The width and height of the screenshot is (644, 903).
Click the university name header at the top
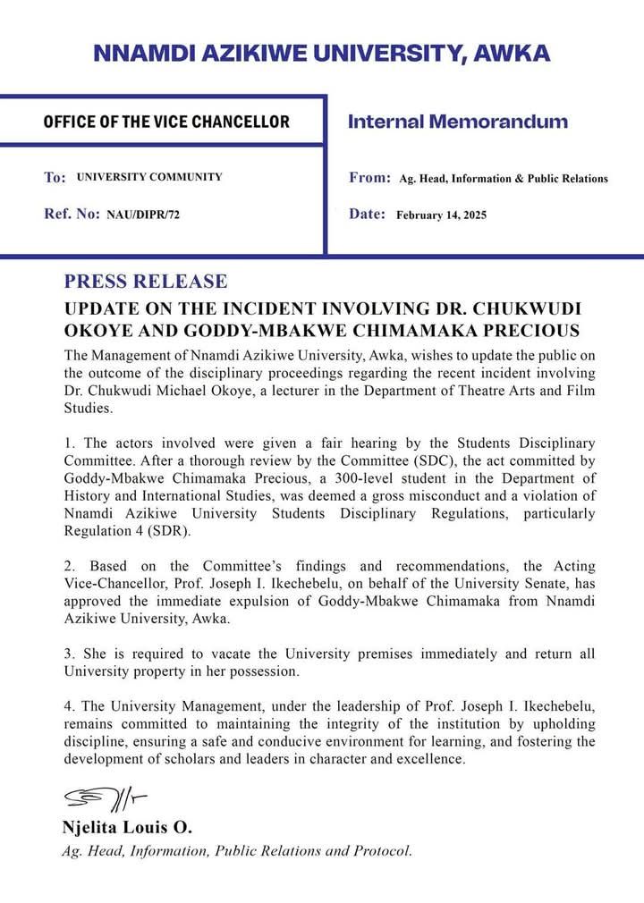coord(321,53)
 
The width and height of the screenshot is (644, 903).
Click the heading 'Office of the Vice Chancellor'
coord(166,122)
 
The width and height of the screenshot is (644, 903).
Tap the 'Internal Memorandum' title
coord(457,122)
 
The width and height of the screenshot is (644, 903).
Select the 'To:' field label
coord(55,178)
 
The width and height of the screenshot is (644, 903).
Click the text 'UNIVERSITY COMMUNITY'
coord(149,177)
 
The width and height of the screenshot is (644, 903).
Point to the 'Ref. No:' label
coord(72,215)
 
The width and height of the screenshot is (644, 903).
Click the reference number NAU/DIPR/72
coord(143,215)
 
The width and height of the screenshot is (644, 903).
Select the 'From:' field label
coord(369,178)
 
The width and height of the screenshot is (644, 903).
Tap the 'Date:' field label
coord(367,215)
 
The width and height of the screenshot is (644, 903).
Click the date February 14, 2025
coord(441,215)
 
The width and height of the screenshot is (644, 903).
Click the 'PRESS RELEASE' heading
coord(146,282)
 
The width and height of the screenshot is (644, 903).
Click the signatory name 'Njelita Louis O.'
coord(127,826)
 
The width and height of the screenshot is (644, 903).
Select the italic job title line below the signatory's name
coord(237,851)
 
